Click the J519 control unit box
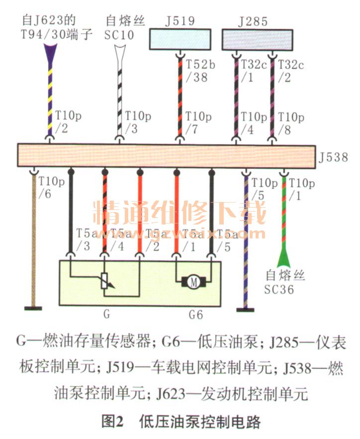[180, 39]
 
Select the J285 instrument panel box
[257, 39]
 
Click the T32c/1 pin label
[253, 71]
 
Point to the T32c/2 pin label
[290, 71]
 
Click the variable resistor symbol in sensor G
[105, 282]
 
